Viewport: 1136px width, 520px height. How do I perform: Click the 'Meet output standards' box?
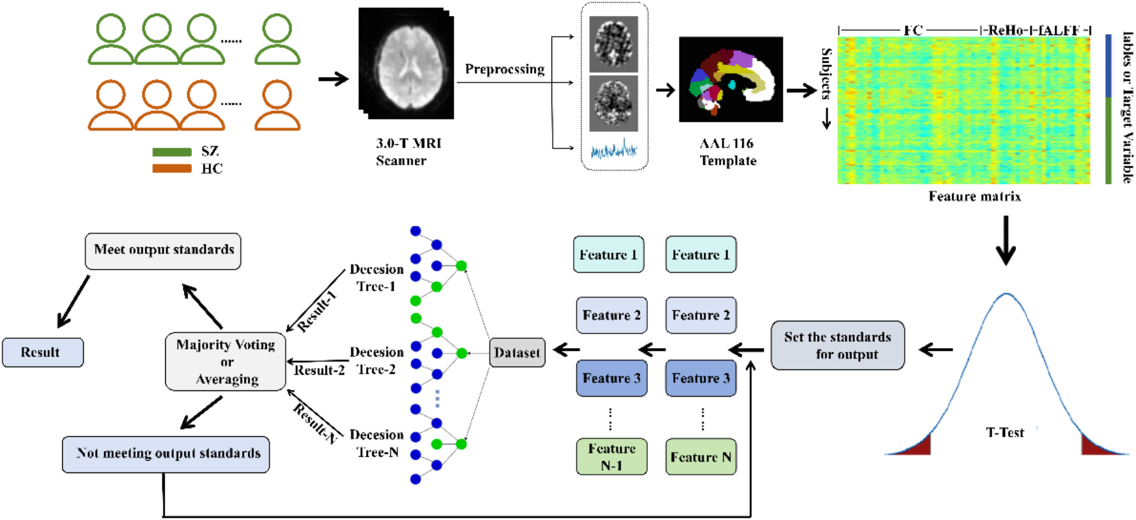[163, 251]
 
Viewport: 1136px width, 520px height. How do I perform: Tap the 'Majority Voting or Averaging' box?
[225, 362]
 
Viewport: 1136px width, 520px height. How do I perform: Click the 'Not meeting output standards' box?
[166, 454]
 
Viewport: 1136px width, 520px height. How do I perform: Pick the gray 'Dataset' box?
[517, 353]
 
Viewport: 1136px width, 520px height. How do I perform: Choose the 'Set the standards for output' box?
[837, 345]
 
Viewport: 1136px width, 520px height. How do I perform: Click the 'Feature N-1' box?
[611, 456]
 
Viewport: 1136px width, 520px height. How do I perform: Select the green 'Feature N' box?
[700, 456]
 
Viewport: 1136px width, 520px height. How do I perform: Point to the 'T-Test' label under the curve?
[1005, 433]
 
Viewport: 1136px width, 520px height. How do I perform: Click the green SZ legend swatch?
[172, 152]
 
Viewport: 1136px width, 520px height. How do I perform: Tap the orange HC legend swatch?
[172, 169]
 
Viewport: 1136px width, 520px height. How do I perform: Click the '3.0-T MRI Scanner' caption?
[408, 152]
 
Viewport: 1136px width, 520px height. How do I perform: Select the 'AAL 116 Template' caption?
[728, 152]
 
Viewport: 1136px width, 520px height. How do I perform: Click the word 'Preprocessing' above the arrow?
[505, 69]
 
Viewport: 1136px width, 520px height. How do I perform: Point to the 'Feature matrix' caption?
[974, 196]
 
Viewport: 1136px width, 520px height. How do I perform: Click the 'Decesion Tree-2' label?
[376, 360]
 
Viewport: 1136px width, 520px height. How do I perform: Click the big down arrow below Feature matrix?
[1005, 240]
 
